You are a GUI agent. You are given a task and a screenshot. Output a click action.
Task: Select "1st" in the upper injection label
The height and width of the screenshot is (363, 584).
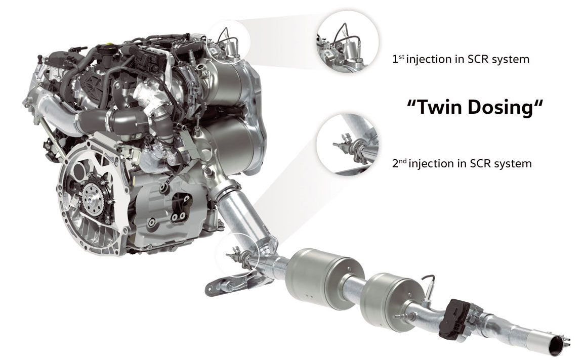point(398,59)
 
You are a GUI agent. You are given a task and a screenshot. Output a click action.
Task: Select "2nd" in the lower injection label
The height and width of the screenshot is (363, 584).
point(399,163)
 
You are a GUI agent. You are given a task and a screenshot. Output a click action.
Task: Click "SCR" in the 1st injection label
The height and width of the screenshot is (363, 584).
point(478,59)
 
